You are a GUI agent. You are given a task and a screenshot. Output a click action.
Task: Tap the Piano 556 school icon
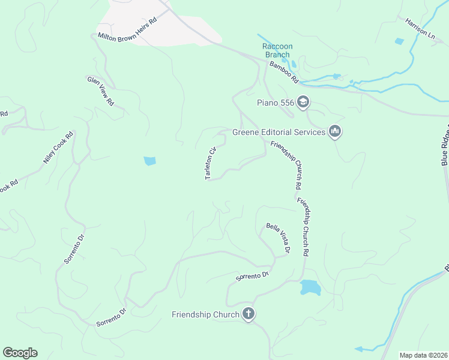coord(303,103)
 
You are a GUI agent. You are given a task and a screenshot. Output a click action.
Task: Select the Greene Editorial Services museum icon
coord(335,131)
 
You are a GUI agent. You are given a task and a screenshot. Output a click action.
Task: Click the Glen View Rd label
coord(101,91)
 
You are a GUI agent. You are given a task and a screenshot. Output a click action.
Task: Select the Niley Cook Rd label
coord(58,148)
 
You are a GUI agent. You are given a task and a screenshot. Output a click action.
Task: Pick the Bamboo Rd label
coord(284,71)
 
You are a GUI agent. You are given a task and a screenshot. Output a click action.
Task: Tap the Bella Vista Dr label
coord(279,237)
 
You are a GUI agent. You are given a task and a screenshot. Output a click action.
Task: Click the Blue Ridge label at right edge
coord(445,147)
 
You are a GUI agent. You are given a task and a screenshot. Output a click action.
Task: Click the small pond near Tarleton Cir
coord(149,161)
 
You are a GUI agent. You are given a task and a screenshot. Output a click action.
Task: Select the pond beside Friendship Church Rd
coord(310,287)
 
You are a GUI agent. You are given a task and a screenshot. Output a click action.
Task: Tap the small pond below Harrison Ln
coord(399,41)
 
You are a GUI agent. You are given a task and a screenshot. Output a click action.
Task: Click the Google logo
coord(20,353)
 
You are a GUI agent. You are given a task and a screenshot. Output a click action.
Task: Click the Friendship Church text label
coord(206,314)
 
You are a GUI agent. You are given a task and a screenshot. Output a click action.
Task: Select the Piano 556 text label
coord(276,103)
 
